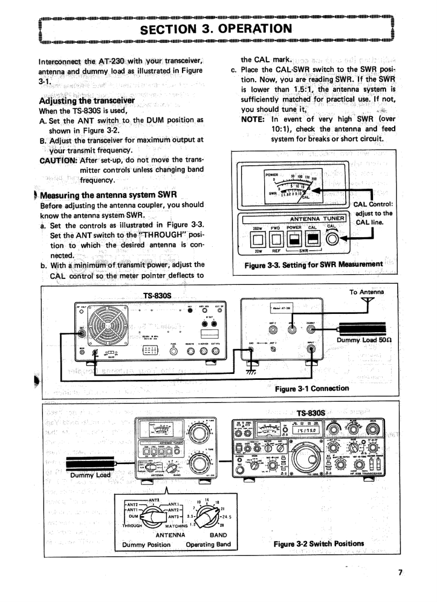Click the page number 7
(x=400, y=572)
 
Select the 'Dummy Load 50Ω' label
(x=360, y=340)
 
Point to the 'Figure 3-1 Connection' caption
(x=311, y=388)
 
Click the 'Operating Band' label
(x=208, y=545)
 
